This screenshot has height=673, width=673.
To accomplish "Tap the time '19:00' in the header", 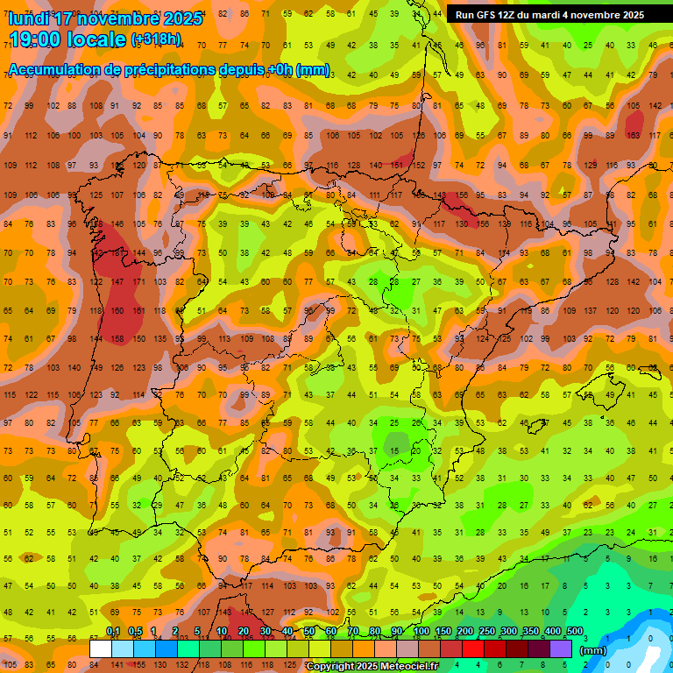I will (x=39, y=39).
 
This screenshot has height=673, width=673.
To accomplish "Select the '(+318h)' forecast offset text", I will (x=156, y=39).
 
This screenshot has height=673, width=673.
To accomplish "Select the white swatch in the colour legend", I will (x=101, y=648).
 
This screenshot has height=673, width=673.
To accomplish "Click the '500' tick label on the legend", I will (x=574, y=632).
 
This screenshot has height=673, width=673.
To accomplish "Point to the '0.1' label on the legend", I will (x=113, y=632).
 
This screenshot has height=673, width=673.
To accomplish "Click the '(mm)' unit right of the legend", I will (x=593, y=650).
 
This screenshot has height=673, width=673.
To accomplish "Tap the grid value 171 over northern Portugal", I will (x=138, y=282).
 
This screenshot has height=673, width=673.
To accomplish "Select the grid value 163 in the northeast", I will (x=633, y=136).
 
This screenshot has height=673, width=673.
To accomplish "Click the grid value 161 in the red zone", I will (x=138, y=310).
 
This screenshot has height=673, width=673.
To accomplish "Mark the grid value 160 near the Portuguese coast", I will (x=117, y=310).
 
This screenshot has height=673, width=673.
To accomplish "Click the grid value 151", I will (x=397, y=165).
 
